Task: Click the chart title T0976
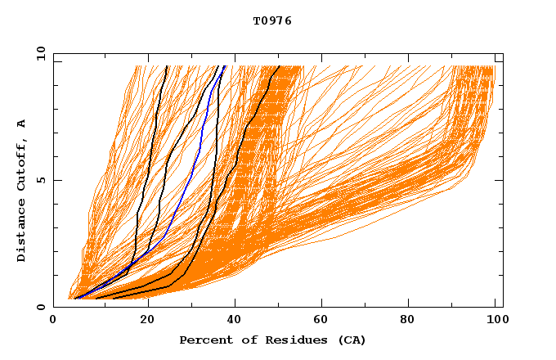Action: click(272, 21)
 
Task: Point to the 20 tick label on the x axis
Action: click(147, 321)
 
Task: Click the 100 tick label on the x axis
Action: click(495, 321)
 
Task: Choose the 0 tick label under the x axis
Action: click(53, 321)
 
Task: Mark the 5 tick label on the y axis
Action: click(40, 180)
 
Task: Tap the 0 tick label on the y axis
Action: click(40, 307)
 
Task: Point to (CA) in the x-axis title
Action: click(351, 340)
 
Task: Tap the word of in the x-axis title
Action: click(243, 340)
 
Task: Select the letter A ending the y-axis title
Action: click(21, 124)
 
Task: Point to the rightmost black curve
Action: click(246, 131)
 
